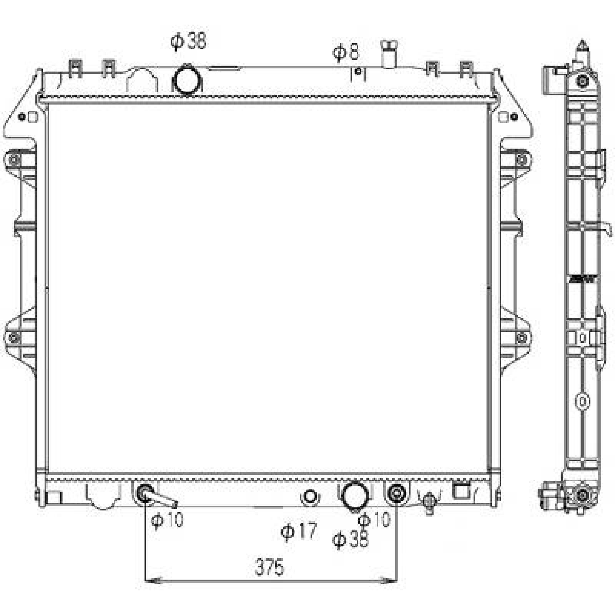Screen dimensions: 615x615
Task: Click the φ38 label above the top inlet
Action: coord(188,41)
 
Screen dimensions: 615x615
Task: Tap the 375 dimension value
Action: coord(269,567)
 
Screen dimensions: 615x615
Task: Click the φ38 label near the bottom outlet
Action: coord(350,539)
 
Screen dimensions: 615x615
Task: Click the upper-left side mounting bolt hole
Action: coord(14,160)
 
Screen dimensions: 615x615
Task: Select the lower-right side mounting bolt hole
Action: coord(522,338)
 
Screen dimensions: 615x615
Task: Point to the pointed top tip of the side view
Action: coord(583,42)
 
